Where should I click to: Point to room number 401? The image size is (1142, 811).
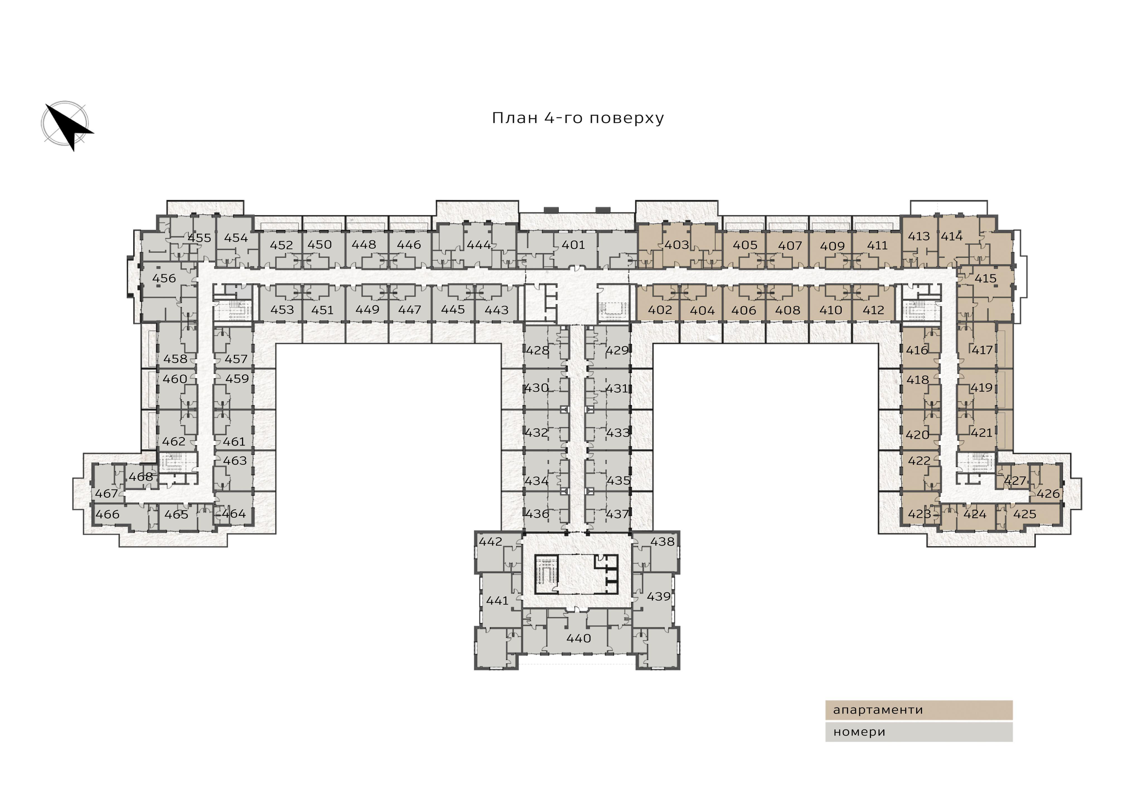(x=573, y=245)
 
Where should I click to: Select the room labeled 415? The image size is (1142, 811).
(x=985, y=278)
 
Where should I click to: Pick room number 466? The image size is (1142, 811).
(x=107, y=514)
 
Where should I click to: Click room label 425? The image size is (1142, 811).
(x=1025, y=514)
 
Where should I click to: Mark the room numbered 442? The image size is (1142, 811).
(x=490, y=541)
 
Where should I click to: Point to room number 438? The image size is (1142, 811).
(x=662, y=541)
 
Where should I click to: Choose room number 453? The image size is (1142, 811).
(x=282, y=309)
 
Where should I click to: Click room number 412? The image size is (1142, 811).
(x=873, y=310)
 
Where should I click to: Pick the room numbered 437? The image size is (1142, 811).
(x=617, y=514)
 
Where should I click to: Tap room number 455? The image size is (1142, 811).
(x=199, y=238)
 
